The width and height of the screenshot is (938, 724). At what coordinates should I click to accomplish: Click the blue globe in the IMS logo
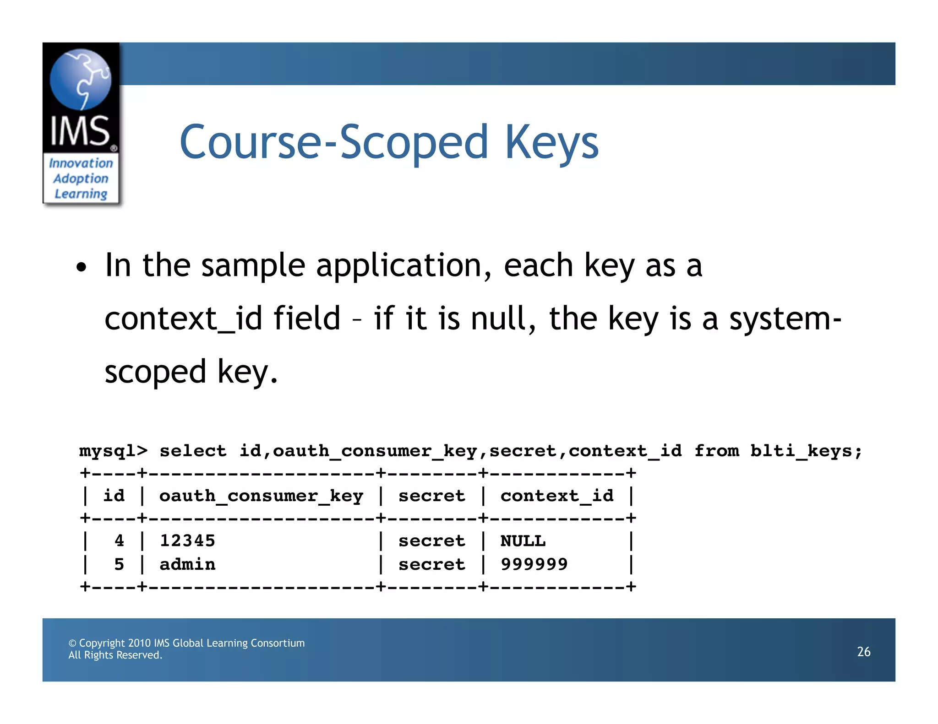[80, 79]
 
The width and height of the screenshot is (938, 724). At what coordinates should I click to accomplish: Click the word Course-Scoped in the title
[333, 143]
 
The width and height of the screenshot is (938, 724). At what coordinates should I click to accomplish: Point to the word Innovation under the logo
[81, 163]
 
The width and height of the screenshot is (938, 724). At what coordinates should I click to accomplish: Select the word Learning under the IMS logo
[81, 194]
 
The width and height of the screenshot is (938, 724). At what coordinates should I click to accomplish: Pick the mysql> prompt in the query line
[113, 451]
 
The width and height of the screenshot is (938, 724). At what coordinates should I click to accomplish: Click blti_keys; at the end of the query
[806, 451]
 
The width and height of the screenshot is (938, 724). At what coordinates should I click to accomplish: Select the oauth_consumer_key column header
[261, 496]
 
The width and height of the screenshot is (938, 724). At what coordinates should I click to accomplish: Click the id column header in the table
[114, 496]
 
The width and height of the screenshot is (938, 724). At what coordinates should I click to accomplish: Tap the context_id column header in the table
[556, 496]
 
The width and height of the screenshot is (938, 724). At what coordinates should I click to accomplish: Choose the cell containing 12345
[187, 541]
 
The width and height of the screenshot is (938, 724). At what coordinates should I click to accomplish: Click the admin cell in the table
[187, 564]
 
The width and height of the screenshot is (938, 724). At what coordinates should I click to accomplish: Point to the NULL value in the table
[523, 541]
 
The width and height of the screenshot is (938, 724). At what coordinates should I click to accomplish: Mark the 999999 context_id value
[534, 564]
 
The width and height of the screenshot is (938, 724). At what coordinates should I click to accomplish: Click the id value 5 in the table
[119, 564]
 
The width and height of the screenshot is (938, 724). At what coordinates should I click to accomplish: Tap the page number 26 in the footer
[863, 652]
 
